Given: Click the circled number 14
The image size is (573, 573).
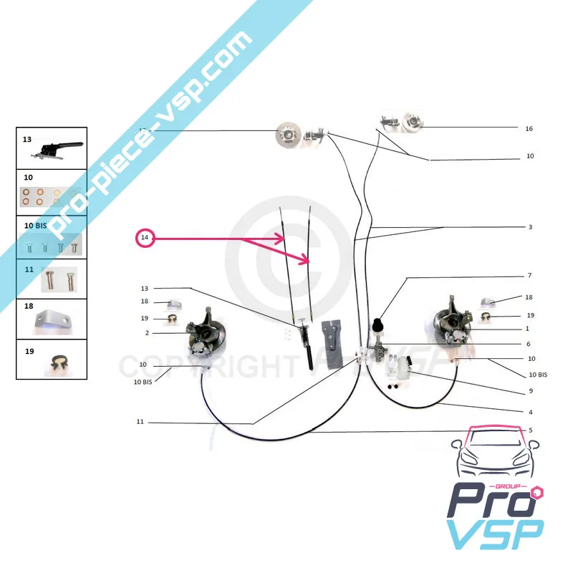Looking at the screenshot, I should click(x=145, y=238).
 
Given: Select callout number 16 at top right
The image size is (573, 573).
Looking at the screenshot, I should click(x=529, y=129).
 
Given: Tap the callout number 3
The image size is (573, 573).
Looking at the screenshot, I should click(x=530, y=227).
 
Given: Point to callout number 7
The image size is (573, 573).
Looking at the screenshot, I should click(x=529, y=276).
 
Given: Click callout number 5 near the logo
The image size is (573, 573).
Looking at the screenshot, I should click(x=530, y=430).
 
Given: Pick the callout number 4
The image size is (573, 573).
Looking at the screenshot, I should click(x=530, y=412).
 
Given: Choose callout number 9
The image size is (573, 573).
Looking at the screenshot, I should click(x=529, y=391).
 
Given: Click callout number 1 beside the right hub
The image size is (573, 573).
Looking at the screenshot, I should click(x=527, y=329).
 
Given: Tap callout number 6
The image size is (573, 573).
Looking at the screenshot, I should click(x=529, y=344).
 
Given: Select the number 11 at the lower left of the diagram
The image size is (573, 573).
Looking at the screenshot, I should click(x=140, y=423).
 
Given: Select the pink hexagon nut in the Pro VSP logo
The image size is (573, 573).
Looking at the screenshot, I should click(x=538, y=492).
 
